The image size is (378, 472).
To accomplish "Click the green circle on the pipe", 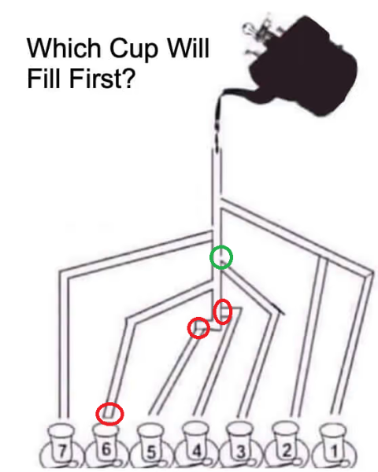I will [x=221, y=257].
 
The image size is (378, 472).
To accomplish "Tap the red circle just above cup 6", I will [x=109, y=413].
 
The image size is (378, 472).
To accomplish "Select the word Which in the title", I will [x=60, y=49].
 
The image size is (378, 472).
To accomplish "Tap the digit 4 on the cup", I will [x=196, y=452].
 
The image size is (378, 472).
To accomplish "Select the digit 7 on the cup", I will [x=62, y=452].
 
